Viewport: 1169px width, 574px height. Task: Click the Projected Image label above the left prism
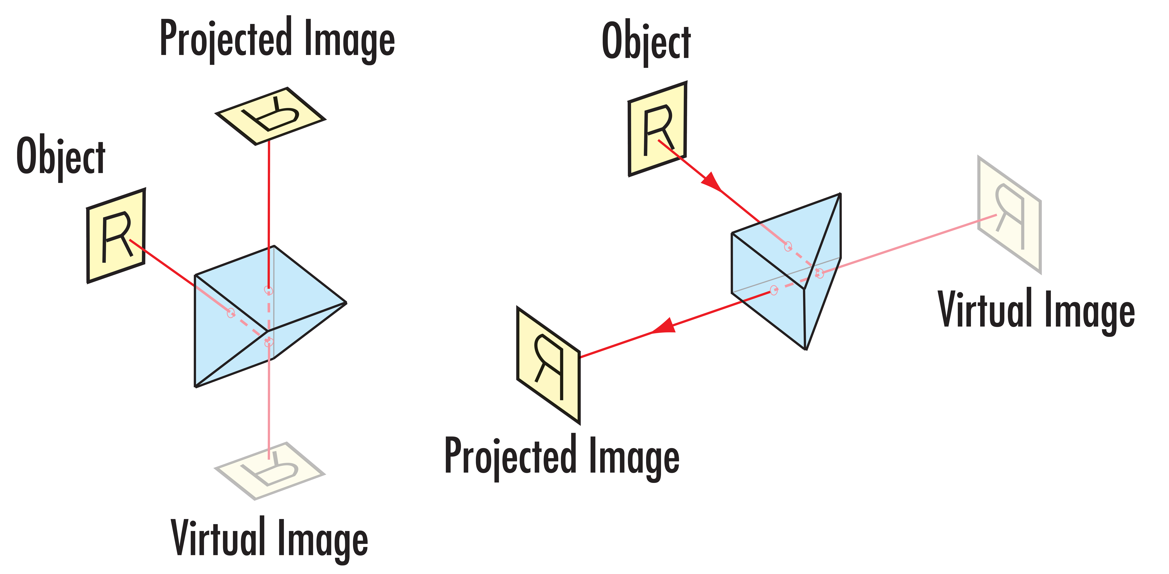coord(278,41)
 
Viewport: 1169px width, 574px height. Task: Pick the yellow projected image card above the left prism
coord(271,116)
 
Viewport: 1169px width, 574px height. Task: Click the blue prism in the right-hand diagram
coord(785,272)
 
